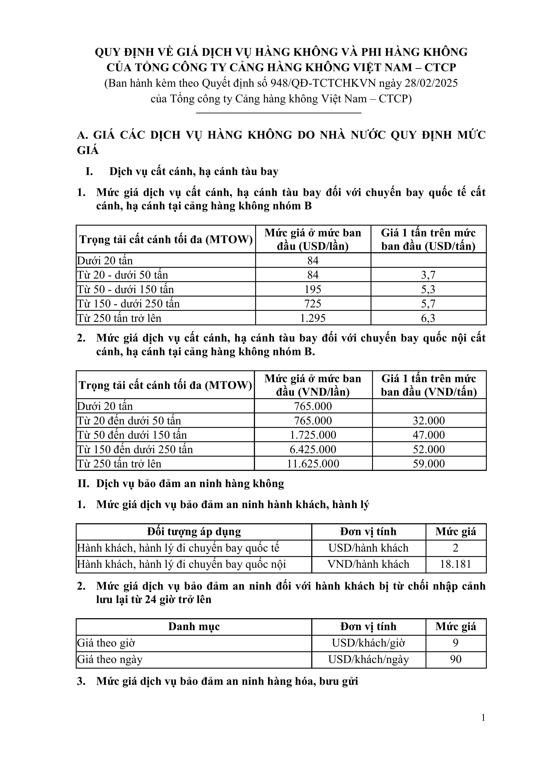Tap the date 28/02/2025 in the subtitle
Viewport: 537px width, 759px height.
[x=431, y=83]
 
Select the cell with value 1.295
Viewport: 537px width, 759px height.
[x=313, y=318]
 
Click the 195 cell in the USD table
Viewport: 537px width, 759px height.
[x=313, y=289]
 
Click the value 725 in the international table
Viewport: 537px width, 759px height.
[x=313, y=303]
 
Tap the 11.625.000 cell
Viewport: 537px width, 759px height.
[x=313, y=464]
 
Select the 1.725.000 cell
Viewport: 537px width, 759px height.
[x=313, y=435]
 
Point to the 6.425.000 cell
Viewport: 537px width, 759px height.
[x=313, y=449]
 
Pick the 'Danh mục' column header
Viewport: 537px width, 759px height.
[x=194, y=626]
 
